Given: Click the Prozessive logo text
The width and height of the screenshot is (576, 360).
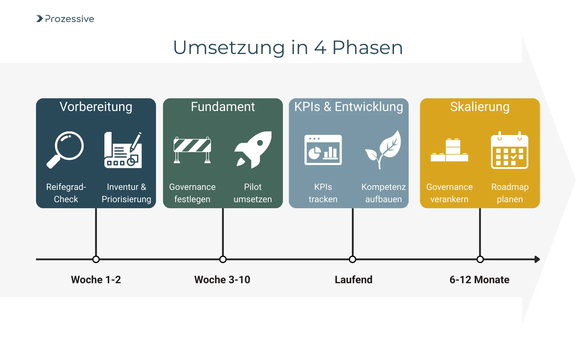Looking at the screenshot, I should pyautogui.click(x=69, y=19).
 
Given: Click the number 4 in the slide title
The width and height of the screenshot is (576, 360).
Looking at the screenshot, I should pyautogui.click(x=320, y=48).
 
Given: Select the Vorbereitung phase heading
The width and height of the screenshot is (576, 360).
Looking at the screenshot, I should pyautogui.click(x=96, y=107).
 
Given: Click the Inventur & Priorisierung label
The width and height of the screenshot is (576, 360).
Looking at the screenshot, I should pyautogui.click(x=126, y=193).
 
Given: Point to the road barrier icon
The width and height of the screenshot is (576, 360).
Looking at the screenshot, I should pyautogui.click(x=192, y=150).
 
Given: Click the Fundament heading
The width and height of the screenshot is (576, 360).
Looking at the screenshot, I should pyautogui.click(x=223, y=107).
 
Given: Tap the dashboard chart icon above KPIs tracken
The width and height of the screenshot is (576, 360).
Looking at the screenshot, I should pyautogui.click(x=323, y=150).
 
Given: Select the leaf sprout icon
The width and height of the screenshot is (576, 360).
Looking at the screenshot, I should pyautogui.click(x=383, y=149).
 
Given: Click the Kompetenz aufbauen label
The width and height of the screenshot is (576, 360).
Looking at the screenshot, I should pyautogui.click(x=383, y=193).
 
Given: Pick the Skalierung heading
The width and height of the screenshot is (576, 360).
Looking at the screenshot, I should pyautogui.click(x=480, y=107).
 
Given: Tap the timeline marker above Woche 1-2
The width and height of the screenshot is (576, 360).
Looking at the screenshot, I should pyautogui.click(x=96, y=259).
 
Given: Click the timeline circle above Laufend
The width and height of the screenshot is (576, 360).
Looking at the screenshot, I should pyautogui.click(x=352, y=259).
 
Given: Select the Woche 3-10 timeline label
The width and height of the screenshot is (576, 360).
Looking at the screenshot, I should pyautogui.click(x=222, y=280).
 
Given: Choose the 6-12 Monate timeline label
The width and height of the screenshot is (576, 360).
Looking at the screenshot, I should pyautogui.click(x=479, y=280).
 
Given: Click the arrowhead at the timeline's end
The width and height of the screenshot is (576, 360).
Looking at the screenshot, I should pyautogui.click(x=537, y=259).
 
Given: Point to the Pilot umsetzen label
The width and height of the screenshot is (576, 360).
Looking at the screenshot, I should pyautogui.click(x=253, y=193).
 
